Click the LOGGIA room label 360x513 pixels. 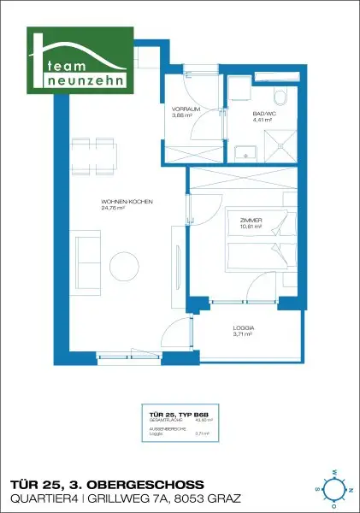tap(245, 328)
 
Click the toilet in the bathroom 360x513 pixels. tap(279, 98)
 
